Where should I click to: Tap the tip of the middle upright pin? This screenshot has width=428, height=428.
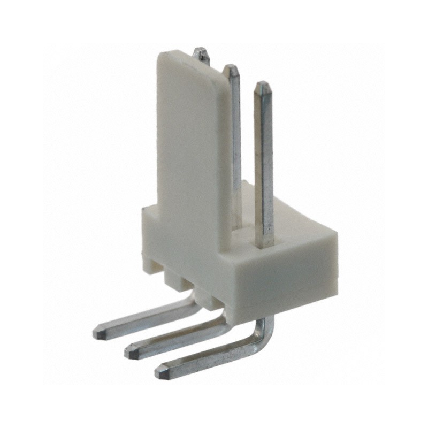(231, 67)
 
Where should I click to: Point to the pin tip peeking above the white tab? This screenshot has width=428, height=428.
(201, 51)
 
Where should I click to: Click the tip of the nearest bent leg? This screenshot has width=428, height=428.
(159, 371)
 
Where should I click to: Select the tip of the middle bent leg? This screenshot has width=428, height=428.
(129, 351)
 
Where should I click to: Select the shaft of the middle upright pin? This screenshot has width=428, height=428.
(235, 134)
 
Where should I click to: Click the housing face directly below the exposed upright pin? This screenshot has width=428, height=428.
(284, 278)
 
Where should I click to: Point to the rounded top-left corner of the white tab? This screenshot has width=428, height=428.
(162, 57)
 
